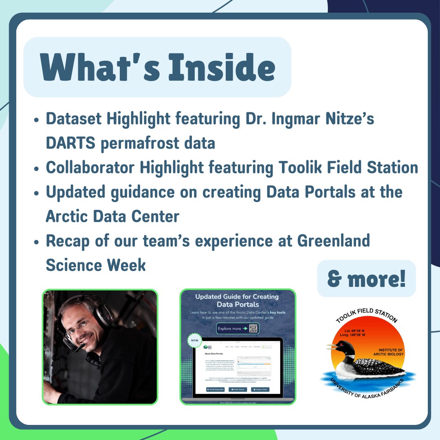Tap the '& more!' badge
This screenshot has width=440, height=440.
[x=366, y=279]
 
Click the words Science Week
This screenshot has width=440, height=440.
[x=96, y=265]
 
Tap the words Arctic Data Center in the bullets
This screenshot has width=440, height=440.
[x=112, y=216]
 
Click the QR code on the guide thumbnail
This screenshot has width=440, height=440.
[x=253, y=328]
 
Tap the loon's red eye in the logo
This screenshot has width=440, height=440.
[x=348, y=346]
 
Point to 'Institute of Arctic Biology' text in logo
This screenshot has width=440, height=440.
[x=390, y=352]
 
